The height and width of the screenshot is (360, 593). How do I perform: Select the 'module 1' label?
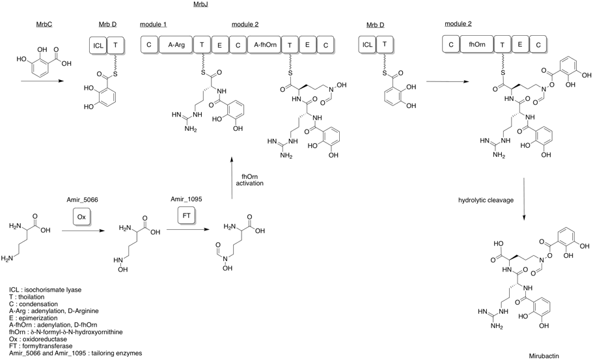[153, 24]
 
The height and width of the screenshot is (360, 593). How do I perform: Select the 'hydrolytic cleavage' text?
[486, 201]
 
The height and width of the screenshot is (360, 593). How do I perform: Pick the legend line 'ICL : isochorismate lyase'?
[49, 289]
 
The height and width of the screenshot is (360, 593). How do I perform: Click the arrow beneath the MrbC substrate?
[42, 82]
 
